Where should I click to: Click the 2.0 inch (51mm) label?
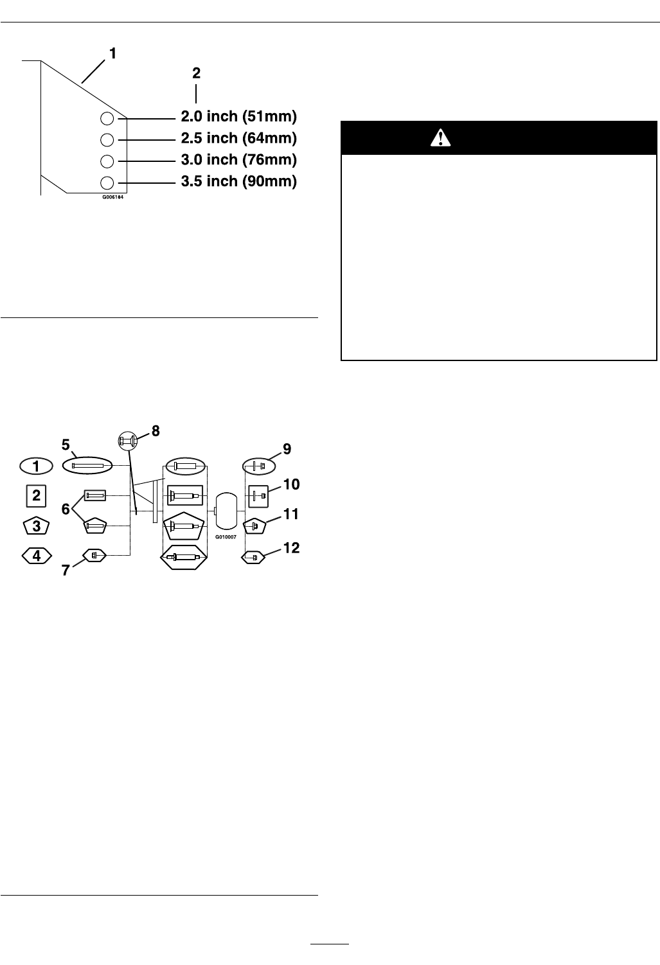(x=238, y=117)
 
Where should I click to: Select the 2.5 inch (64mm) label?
(x=238, y=138)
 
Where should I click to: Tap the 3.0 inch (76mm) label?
(x=238, y=159)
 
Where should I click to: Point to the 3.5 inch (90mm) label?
(x=238, y=181)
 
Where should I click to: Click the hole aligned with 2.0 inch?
(x=108, y=118)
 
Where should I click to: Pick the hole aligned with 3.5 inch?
(x=108, y=182)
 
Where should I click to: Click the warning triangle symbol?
(x=441, y=137)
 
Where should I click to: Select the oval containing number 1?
(x=37, y=465)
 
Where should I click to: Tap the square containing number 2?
(x=37, y=495)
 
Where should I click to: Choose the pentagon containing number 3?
(x=37, y=526)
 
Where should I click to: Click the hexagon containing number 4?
(x=37, y=555)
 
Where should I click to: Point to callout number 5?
(x=65, y=444)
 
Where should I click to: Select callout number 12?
(x=292, y=548)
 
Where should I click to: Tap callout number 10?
(x=292, y=484)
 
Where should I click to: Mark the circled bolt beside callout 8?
(x=129, y=441)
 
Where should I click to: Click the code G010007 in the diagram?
(x=226, y=536)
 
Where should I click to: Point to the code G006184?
(x=112, y=198)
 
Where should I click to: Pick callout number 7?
(x=66, y=570)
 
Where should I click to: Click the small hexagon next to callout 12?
(x=254, y=557)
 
